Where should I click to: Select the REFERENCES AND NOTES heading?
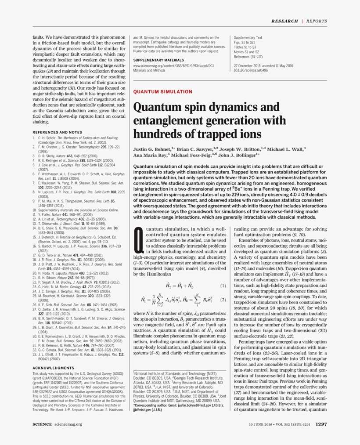point(57,132)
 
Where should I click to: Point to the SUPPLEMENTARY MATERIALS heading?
point(158,59)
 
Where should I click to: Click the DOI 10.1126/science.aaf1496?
point(251,70)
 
